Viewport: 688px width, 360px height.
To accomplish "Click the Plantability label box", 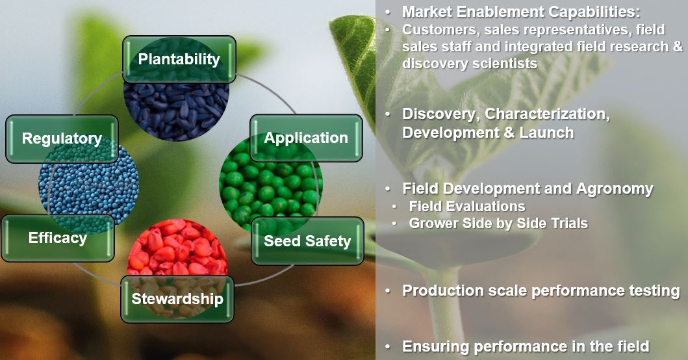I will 179,59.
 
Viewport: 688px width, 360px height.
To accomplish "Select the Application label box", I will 306,138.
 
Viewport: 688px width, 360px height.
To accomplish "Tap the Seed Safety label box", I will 307,241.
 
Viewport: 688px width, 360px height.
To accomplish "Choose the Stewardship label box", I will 177,299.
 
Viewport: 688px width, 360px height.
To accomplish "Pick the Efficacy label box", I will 58,238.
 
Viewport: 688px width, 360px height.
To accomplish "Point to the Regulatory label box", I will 62,138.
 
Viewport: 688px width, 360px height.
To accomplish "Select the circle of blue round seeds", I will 84,185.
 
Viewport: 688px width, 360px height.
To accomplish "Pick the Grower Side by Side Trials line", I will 498,224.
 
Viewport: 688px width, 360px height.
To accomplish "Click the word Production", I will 442,290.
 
